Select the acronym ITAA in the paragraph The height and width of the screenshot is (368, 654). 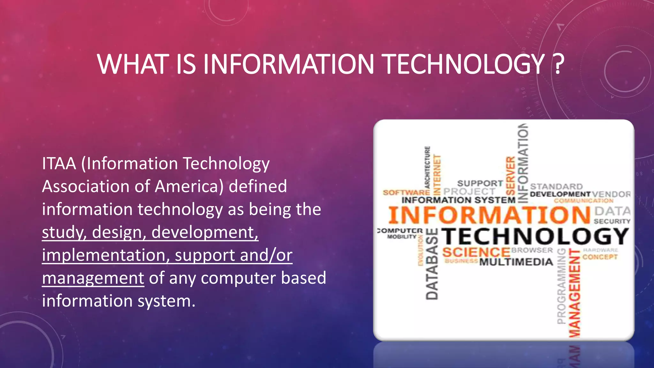(59, 164)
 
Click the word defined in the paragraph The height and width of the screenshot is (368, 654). (258, 187)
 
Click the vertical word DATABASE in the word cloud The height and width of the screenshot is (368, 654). (432, 264)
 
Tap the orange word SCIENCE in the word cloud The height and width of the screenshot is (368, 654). (476, 252)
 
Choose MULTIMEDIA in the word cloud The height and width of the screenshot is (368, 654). (516, 262)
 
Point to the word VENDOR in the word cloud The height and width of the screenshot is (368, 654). (611, 194)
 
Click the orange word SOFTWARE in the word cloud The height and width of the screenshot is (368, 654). (406, 193)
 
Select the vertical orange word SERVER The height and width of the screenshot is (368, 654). (511, 176)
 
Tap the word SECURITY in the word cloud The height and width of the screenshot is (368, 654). (612, 221)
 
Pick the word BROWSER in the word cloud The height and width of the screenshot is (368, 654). (532, 250)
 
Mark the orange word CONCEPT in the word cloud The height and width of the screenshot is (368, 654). (600, 257)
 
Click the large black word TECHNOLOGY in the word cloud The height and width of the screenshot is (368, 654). (535, 237)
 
